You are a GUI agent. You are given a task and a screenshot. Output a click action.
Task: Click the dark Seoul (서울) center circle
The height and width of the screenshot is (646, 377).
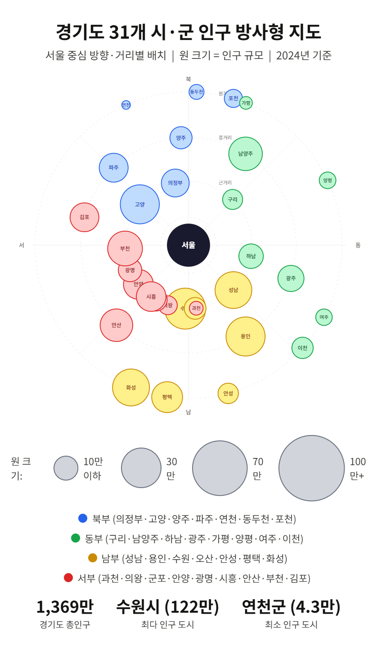pos(188,245)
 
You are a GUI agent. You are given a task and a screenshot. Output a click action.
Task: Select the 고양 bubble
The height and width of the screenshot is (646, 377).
pos(140,204)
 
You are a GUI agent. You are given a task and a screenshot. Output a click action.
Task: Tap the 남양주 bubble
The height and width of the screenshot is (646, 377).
pos(246,154)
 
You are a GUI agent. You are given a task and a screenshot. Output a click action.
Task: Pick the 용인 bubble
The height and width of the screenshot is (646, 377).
pos(246,336)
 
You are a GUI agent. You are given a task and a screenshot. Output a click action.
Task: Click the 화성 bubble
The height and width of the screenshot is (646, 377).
pos(131,387)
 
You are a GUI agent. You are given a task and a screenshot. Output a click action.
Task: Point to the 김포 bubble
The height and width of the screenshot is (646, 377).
pos(85,217)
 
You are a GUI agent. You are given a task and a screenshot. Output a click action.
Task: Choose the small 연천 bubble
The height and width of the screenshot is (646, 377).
pos(126,105)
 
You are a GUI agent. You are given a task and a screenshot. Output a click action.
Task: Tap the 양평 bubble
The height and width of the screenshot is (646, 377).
pos(328,180)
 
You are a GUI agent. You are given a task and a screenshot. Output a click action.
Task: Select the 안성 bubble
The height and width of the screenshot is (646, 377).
pos(228,394)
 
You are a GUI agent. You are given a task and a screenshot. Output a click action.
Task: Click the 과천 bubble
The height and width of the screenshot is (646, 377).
pos(196,308)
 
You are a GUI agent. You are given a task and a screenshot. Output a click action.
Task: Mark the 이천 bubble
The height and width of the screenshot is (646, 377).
pos(302,348)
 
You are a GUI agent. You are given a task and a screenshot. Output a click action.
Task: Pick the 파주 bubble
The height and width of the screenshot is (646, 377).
pos(114,168)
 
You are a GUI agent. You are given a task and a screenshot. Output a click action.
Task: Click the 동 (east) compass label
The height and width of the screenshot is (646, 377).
pos(358,245)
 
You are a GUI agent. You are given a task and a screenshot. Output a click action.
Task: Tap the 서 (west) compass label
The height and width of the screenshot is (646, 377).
pos(22,245)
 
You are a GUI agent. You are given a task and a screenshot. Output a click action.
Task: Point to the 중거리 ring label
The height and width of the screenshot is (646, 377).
pos(225,138)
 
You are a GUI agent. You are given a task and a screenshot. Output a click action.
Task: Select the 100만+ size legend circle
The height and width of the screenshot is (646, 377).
pos(312,468)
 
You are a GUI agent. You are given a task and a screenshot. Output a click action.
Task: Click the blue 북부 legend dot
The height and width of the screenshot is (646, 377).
pos(83,518)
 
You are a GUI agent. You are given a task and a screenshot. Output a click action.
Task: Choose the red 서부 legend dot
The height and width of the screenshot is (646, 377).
pos(68,578)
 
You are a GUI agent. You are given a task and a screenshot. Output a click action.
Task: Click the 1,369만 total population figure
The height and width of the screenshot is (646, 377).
pos(65,607)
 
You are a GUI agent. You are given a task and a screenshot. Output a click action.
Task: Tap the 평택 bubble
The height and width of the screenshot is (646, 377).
pos(167,397)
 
